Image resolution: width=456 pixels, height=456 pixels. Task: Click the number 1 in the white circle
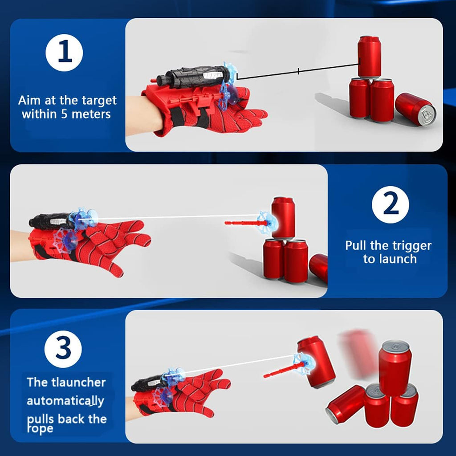pyautogui.click(x=64, y=53)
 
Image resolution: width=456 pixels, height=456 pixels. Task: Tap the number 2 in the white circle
pyautogui.click(x=390, y=204)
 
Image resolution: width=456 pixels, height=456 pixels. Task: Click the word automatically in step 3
pyautogui.click(x=65, y=400)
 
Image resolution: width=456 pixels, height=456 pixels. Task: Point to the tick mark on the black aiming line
pyautogui.click(x=298, y=71)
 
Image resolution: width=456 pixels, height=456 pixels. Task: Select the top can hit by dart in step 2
pyautogui.click(x=284, y=217)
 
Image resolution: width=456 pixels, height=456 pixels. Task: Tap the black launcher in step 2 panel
pyautogui.click(x=51, y=220)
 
